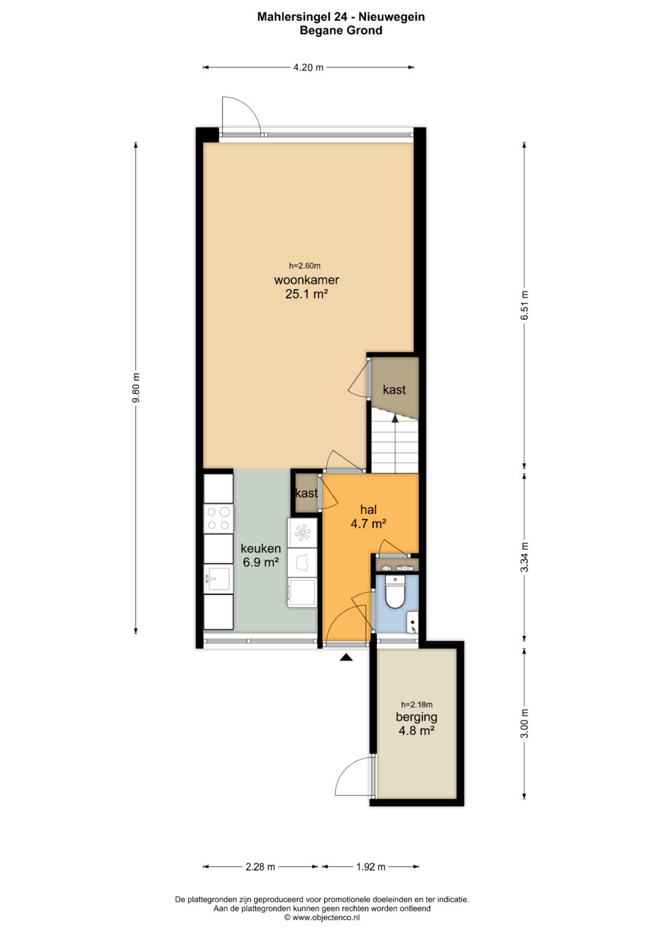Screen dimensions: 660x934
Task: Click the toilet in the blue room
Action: (394, 591)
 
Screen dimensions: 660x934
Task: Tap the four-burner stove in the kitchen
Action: (218, 518)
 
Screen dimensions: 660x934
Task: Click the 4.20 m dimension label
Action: (309, 67)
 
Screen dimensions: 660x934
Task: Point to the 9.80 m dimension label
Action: (136, 388)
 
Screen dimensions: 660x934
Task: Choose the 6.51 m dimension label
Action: (524, 305)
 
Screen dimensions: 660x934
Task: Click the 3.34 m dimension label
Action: (524, 557)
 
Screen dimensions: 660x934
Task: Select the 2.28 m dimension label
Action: (260, 867)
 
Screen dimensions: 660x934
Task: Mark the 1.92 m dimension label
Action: (370, 867)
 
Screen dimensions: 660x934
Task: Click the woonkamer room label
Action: (306, 280)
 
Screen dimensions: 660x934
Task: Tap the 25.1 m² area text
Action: (306, 294)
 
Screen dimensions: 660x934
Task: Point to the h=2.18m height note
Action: (417, 704)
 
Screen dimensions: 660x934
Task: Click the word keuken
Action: (261, 549)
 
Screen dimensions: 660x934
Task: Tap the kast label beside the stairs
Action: (394, 390)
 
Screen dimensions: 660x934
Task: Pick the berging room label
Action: (417, 717)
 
